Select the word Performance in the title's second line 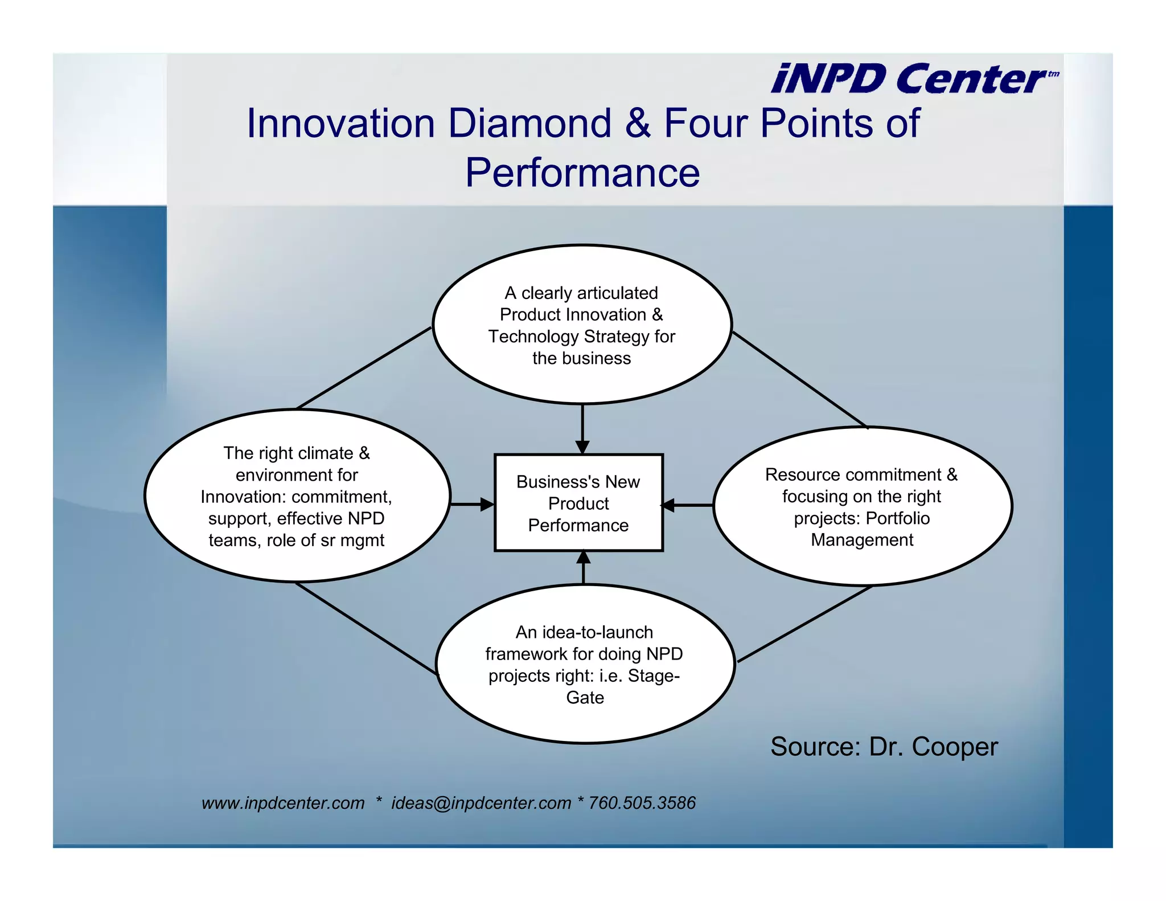coord(582,173)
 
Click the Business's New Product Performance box coord(578,503)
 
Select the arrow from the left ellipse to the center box coord(472,504)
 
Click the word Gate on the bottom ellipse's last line coord(585,698)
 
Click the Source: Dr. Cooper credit coord(884,747)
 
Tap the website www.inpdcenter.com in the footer coord(283,803)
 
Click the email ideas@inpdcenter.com coord(481,803)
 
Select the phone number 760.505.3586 coord(642,803)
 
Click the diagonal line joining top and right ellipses coord(799,379)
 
